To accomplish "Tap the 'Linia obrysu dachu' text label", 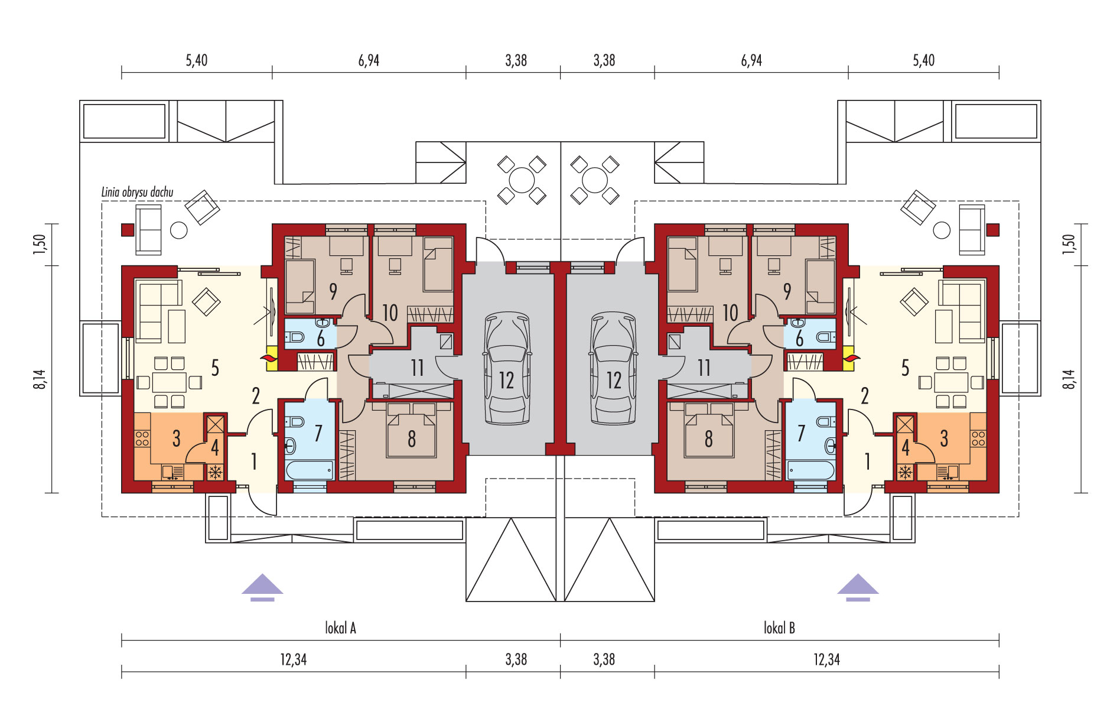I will click(137, 192).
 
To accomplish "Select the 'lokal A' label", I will click(340, 628).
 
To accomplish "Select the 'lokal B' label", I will click(779, 628).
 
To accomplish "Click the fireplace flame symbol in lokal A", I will click(272, 358).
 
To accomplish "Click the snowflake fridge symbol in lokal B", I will click(904, 472).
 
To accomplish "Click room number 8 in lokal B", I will click(708, 438).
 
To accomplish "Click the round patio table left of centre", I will click(521, 180).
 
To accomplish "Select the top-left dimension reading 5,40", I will click(196, 60).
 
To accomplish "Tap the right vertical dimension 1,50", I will click(1069, 244).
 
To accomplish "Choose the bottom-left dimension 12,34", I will click(293, 659).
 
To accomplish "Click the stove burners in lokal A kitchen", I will click(142, 438).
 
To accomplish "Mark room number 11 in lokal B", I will click(704, 368).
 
